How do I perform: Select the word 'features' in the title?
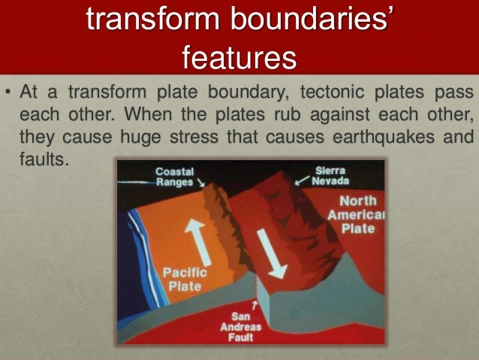tap(239, 56)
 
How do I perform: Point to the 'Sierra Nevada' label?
tap(330, 177)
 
